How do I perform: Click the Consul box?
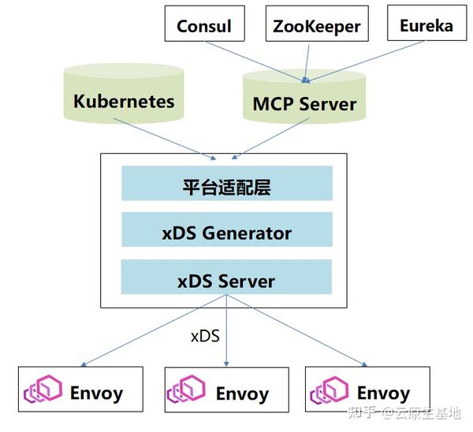click(204, 24)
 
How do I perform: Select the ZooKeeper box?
click(317, 24)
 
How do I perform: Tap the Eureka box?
click(426, 23)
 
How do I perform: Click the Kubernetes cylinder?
click(124, 93)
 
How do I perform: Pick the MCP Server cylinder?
click(304, 96)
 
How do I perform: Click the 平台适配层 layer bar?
click(227, 183)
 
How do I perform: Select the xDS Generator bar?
click(227, 229)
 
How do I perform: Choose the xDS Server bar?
click(226, 277)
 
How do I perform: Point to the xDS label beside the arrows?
click(205, 337)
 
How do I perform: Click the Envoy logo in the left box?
click(43, 389)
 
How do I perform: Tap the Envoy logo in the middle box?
click(186, 389)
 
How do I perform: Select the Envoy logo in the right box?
click(329, 390)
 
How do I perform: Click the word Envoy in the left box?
click(96, 393)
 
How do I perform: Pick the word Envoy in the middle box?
click(242, 394)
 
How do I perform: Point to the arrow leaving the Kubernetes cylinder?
click(165, 139)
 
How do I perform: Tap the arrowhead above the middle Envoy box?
click(226, 364)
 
